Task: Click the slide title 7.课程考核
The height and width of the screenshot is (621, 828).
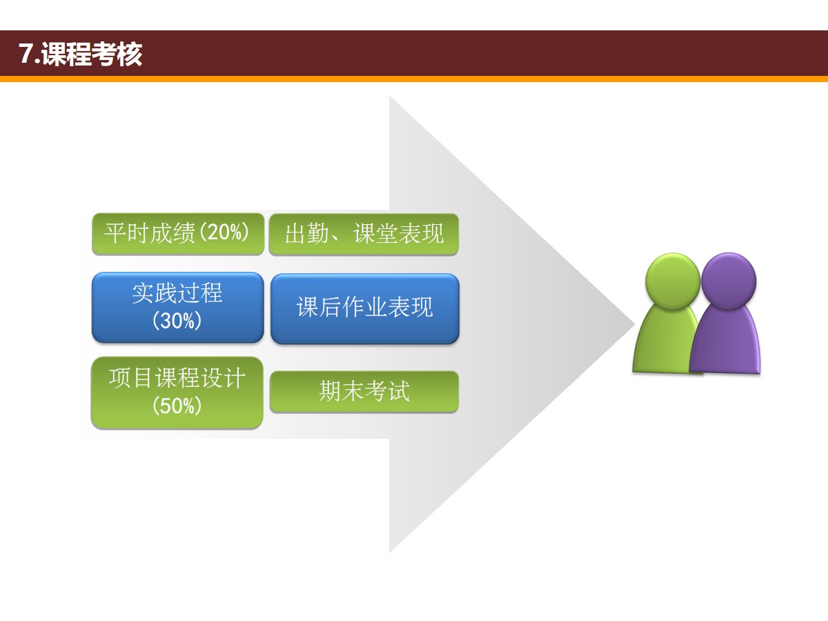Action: pos(80,55)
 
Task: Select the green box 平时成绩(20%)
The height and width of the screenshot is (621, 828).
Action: pos(178,234)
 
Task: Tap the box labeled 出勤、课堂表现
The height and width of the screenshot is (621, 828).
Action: pos(364,234)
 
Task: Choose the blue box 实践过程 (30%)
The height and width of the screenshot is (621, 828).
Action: pos(177,307)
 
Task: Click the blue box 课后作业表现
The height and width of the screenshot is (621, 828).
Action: pos(365,308)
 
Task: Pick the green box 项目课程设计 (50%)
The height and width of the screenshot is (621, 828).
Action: pos(177,393)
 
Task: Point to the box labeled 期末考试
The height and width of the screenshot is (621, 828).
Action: pos(364,392)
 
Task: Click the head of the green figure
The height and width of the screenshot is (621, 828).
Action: pos(673,282)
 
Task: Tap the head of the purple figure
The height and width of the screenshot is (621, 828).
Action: pos(729,281)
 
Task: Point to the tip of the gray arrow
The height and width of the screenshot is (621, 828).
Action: pos(635,324)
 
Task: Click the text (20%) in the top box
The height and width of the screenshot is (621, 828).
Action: pos(224,232)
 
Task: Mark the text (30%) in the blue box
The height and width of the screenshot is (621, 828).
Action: pos(177,320)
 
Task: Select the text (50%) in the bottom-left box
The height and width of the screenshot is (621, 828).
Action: pos(177,406)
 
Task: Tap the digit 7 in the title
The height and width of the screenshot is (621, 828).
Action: pos(26,54)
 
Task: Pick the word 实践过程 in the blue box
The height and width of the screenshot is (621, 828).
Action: pos(177,293)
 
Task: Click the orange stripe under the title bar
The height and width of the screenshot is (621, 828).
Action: pos(414,79)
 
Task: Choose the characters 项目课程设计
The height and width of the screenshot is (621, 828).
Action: pos(177,378)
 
